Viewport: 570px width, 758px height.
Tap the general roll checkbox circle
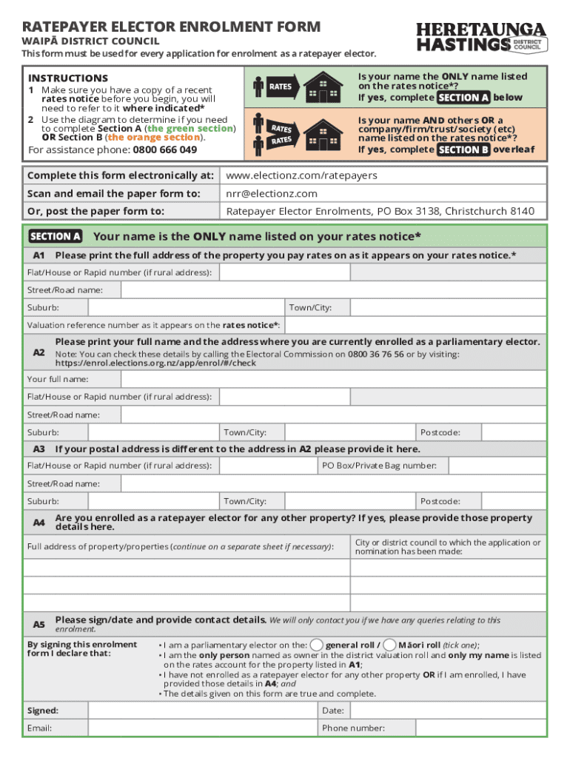[x=316, y=644]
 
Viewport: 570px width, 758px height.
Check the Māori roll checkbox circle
[x=391, y=644]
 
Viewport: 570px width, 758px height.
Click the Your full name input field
[x=319, y=379]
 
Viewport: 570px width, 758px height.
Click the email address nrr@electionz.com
[x=272, y=193]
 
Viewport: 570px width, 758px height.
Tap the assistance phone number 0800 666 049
[x=164, y=150]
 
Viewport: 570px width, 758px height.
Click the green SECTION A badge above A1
[x=55, y=237]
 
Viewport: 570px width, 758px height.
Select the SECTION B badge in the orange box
[x=463, y=150]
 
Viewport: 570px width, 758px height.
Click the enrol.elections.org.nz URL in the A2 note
[x=155, y=363]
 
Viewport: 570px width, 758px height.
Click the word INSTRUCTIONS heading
[x=67, y=78]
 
